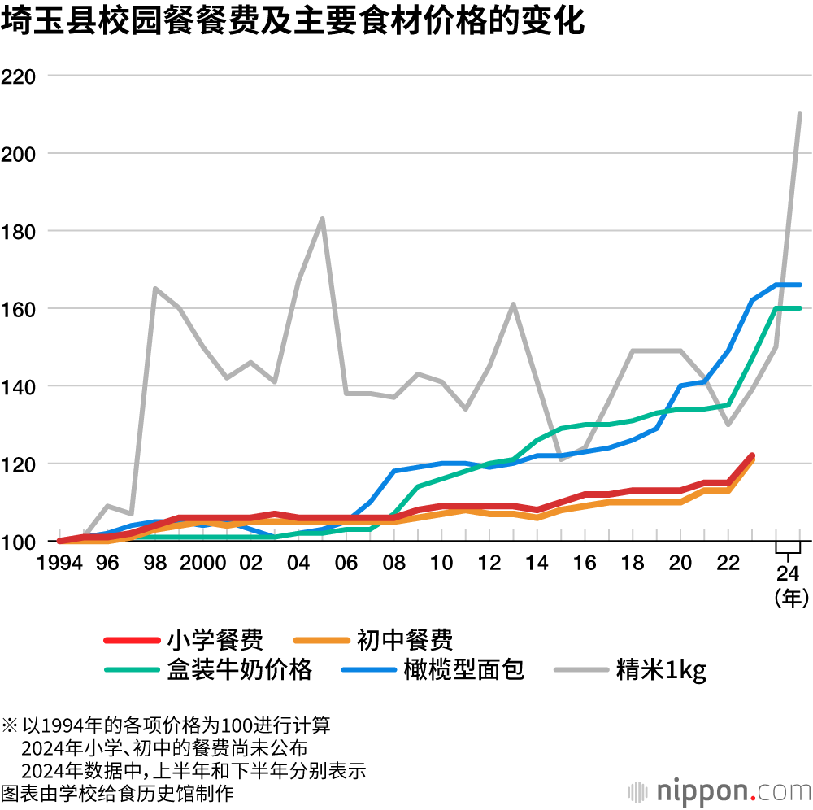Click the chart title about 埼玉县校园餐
click(x=293, y=22)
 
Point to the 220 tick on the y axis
click(x=20, y=76)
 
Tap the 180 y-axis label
click(x=20, y=232)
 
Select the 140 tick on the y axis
click(x=20, y=387)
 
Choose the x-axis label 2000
click(x=202, y=564)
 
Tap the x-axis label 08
click(x=393, y=564)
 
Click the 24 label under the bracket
click(x=788, y=569)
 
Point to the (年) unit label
click(x=788, y=599)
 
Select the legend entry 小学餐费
click(x=215, y=640)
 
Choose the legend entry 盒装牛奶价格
click(x=240, y=669)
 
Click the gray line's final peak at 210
click(x=800, y=114)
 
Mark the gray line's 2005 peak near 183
click(x=322, y=219)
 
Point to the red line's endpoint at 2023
click(x=752, y=456)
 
